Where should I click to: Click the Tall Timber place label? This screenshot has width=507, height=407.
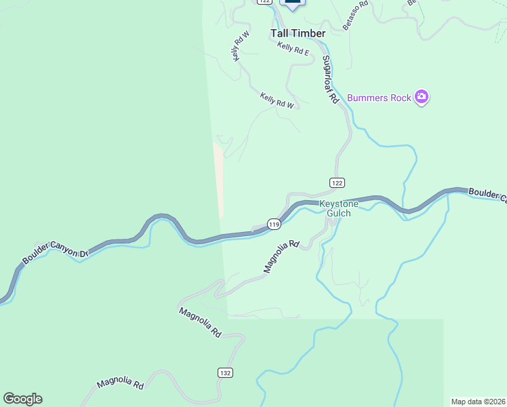click(298, 33)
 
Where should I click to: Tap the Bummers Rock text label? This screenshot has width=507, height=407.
click(379, 98)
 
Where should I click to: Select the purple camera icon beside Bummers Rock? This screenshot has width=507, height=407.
click(422, 98)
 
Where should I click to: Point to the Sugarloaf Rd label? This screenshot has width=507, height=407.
click(330, 79)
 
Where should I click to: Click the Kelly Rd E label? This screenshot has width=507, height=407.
click(293, 48)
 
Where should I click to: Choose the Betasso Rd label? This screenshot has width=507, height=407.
click(354, 14)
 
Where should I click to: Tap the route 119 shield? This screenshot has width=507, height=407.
click(274, 224)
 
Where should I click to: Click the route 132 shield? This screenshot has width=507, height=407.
click(226, 372)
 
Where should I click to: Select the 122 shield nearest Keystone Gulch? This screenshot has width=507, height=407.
click(338, 182)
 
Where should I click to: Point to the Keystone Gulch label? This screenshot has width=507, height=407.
click(335, 208)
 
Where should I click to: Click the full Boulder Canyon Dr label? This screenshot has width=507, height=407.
click(56, 256)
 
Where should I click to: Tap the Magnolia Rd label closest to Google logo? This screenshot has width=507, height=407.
click(120, 384)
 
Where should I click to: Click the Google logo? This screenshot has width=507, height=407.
click(22, 399)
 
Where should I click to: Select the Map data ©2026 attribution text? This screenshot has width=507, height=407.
click(478, 401)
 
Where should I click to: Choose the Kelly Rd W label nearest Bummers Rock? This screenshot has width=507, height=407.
click(277, 100)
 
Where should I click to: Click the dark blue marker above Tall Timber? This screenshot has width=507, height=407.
click(292, 3)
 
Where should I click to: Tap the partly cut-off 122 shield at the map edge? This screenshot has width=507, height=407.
click(264, 2)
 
